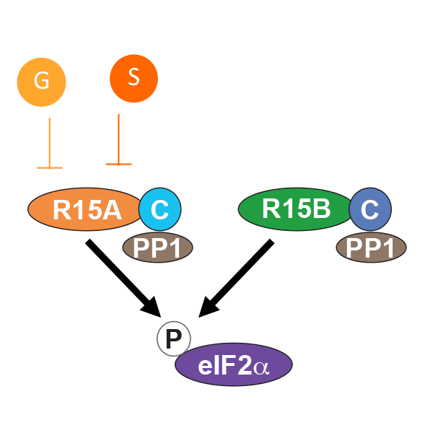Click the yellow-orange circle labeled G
click(42, 82)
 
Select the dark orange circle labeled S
click(134, 77)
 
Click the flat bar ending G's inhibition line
click(49, 167)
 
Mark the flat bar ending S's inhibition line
click(118, 165)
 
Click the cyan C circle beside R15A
click(159, 210)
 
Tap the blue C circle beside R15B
click(370, 210)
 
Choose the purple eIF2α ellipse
click(234, 365)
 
